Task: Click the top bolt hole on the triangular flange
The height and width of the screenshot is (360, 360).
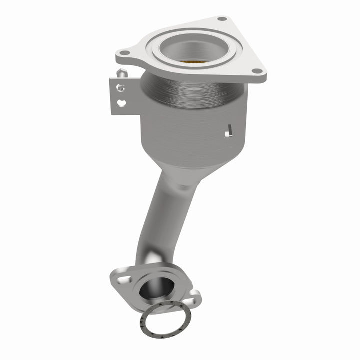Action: click(220, 20)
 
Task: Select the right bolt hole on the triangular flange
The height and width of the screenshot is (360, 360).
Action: click(256, 71)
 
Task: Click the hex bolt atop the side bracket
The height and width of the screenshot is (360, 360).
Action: click(121, 74)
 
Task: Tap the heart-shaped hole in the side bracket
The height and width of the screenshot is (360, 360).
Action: click(120, 103)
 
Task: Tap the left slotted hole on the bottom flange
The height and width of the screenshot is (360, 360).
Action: click(118, 276)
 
